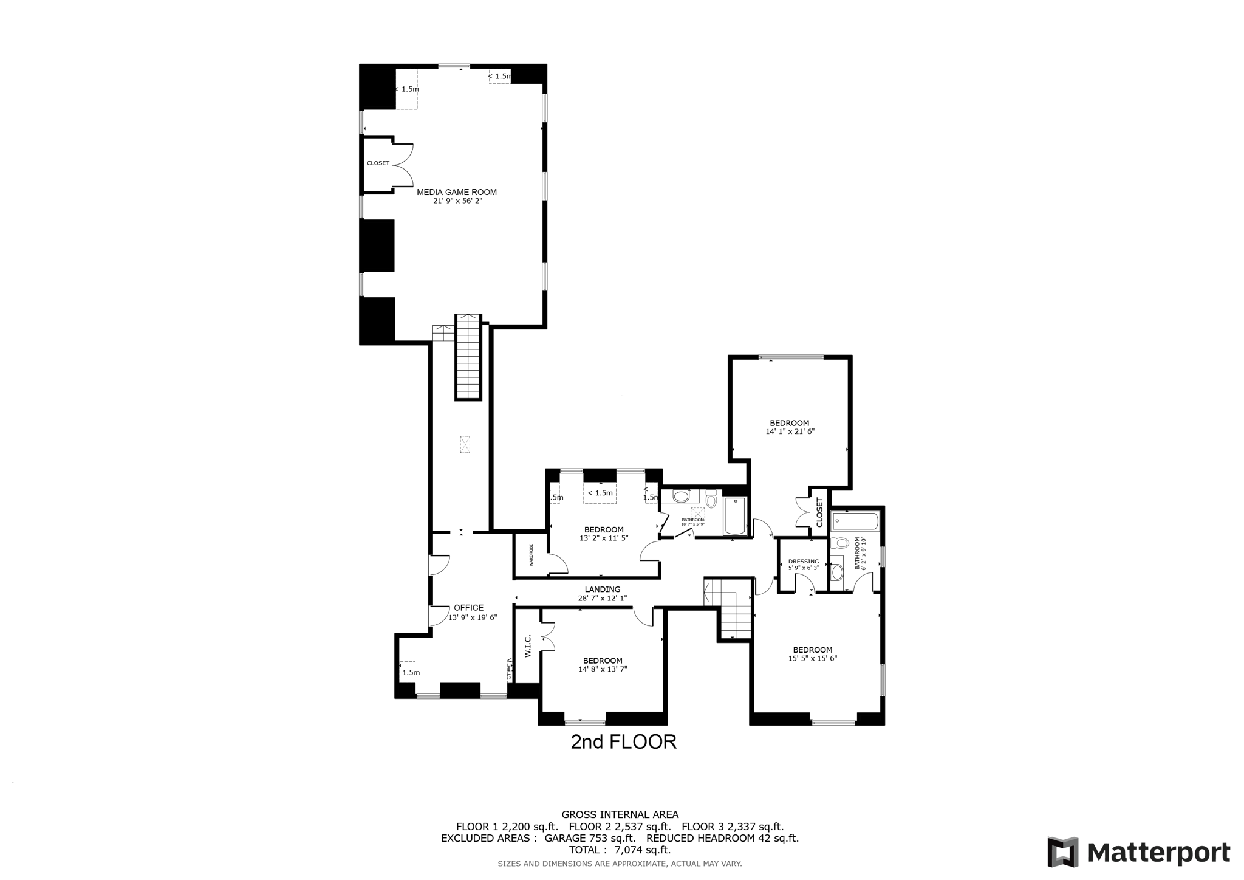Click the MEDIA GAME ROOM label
pos(457,192)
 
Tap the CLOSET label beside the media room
pos(378,163)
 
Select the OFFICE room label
pos(468,608)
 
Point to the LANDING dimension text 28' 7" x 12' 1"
pos(602,598)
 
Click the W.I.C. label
pos(528,646)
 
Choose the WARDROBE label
pos(531,555)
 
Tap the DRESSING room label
pos(803,562)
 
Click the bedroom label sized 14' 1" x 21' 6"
pos(789,424)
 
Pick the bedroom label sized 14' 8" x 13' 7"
pos(602,661)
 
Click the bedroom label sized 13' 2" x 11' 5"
pos(603,530)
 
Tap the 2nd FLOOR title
pos(623,742)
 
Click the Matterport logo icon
pos(1062,852)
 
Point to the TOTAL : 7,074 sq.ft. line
pos(620,850)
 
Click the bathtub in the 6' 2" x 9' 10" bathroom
pos(855,521)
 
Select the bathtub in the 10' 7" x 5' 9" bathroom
pos(735,517)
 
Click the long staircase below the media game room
pos(468,357)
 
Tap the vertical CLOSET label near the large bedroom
pos(819,513)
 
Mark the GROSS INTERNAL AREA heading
pos(620,814)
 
